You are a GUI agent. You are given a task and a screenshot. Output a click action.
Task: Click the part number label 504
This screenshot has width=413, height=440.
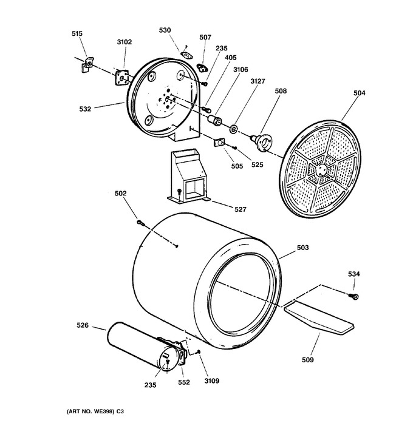click(x=360, y=93)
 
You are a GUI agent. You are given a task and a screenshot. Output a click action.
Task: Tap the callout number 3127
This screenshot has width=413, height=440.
click(x=258, y=81)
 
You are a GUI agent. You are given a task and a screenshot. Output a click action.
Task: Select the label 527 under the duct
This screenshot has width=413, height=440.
click(x=241, y=209)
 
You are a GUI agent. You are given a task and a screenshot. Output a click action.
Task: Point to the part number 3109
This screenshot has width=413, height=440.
click(x=212, y=381)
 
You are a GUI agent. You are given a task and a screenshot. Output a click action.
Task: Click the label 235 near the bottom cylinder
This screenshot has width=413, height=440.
click(x=150, y=385)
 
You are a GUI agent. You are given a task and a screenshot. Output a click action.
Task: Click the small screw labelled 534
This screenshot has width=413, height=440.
click(x=354, y=296)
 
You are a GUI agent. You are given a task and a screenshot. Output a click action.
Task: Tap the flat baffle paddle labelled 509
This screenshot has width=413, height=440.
click(x=319, y=317)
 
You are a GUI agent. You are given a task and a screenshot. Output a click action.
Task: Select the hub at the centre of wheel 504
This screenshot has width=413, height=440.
click(x=321, y=170)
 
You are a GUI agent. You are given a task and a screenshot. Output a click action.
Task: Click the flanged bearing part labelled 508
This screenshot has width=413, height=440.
click(x=262, y=141)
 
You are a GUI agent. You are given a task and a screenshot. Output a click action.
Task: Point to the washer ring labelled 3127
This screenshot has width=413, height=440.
click(x=233, y=129)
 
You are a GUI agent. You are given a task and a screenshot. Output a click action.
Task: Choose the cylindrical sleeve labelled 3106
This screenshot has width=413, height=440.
click(x=214, y=120)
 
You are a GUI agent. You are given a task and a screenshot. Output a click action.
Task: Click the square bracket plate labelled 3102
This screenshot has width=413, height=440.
click(x=121, y=78)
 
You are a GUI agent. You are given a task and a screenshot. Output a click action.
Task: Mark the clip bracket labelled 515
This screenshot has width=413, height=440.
click(x=87, y=64)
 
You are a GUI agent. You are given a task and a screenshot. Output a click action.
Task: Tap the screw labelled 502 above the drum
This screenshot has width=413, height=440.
click(x=141, y=223)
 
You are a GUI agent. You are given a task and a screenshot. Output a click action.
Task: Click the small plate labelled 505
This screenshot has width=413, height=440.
click(x=219, y=142)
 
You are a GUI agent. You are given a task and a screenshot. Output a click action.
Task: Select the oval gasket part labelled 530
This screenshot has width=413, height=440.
click(x=186, y=55)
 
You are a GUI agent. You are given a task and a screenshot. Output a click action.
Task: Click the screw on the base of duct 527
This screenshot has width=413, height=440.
click(x=179, y=192)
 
